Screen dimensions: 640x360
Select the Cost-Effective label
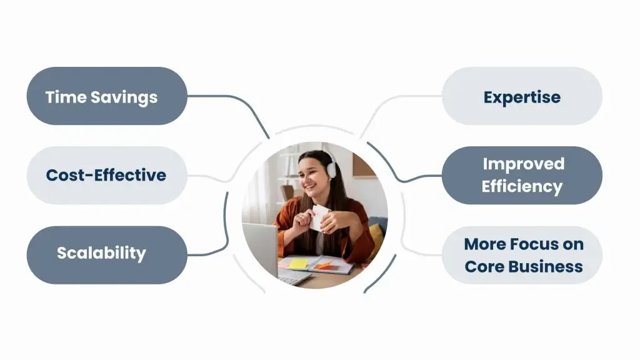106,175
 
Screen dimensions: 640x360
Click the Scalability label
101,253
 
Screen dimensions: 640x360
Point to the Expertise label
522,97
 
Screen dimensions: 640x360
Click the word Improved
524,164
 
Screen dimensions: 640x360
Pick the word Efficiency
522,186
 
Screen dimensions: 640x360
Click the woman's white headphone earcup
331,169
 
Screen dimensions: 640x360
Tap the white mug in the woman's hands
319,217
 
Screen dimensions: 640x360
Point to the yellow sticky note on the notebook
298,264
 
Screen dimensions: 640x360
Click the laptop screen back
261,247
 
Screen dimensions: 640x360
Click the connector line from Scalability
223,229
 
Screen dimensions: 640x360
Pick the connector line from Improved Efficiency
398,168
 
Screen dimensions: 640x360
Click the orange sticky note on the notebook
324,266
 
